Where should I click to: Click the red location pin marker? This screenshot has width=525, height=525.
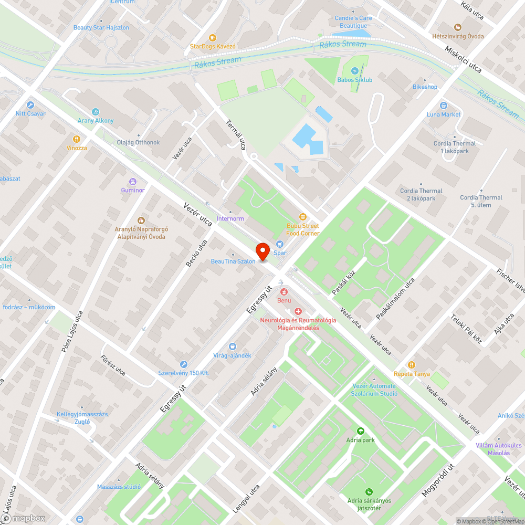[262, 251]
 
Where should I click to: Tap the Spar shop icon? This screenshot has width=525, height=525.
[279, 244]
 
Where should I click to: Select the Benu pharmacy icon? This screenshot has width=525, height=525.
[284, 291]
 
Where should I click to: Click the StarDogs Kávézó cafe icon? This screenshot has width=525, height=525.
[212, 37]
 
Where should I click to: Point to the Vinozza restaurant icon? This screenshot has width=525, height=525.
[77, 139]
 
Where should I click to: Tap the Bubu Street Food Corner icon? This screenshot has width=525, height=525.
[302, 217]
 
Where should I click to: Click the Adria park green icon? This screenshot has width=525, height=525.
[360, 431]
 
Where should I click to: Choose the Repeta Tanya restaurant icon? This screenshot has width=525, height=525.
[412, 365]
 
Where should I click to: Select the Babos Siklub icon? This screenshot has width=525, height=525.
[354, 71]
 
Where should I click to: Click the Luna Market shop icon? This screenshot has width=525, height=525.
[444, 106]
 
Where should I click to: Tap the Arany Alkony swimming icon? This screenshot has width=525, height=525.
[96, 112]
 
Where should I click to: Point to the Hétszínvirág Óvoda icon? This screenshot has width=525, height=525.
[457, 27]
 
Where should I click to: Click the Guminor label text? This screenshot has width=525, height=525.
[133, 190]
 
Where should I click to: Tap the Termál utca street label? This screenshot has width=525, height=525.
[236, 134]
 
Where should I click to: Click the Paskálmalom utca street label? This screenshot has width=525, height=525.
[395, 299]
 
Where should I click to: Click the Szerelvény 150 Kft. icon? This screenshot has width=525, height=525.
[183, 364]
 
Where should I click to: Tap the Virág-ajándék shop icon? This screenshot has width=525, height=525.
[233, 346]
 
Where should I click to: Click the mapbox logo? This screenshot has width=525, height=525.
[24, 518]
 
